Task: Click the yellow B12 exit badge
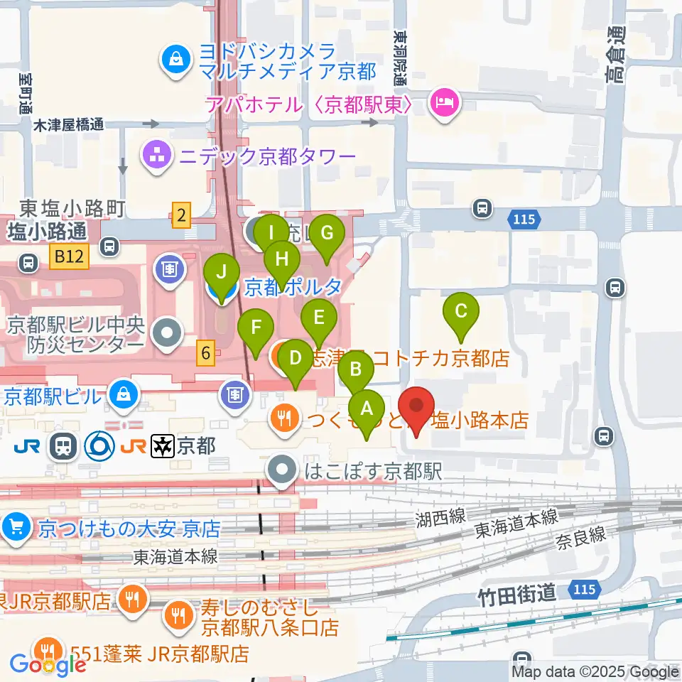click(x=69, y=257)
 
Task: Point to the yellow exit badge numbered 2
click(x=182, y=215)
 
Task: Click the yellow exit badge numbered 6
click(x=205, y=352)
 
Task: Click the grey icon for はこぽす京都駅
click(x=283, y=470)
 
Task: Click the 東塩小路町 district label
click(x=72, y=208)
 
